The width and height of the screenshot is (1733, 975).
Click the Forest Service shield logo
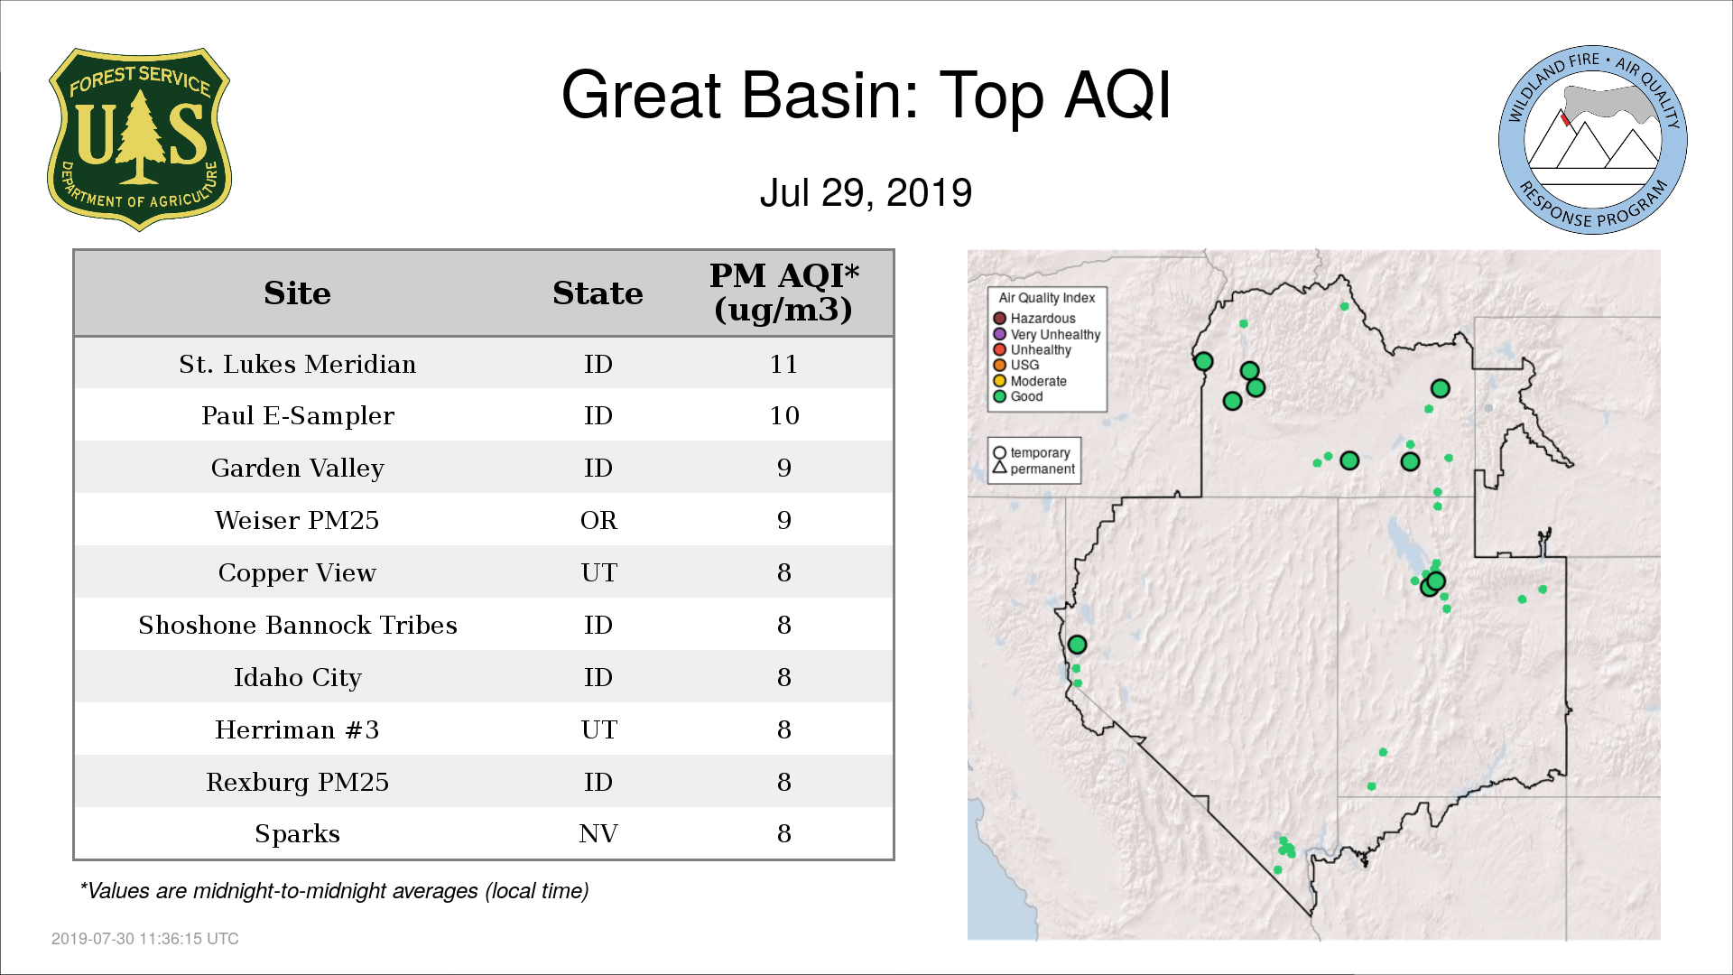click(x=139, y=140)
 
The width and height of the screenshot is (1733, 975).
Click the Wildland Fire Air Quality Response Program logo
click(x=1593, y=140)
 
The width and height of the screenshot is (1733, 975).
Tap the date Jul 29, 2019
click(x=866, y=192)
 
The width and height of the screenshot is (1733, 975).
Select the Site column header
click(x=297, y=293)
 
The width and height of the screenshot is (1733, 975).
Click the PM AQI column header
click(x=783, y=292)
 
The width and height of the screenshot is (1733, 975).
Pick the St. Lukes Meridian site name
click(x=297, y=364)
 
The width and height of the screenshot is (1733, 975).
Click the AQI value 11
click(x=783, y=364)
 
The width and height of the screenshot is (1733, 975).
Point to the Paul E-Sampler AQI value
click(x=783, y=415)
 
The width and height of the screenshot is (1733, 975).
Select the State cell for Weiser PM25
click(x=598, y=520)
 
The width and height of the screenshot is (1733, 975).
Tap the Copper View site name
click(x=297, y=573)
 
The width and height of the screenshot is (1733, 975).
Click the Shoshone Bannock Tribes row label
click(x=297, y=625)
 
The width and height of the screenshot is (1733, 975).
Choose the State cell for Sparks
click(x=598, y=833)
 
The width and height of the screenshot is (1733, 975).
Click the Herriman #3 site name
click(x=297, y=729)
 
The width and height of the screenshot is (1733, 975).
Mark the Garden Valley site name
click(x=297, y=469)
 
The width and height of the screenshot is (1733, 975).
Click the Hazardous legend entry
click(x=1034, y=319)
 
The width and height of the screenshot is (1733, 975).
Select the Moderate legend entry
click(x=1030, y=381)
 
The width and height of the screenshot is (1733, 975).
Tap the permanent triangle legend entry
click(x=1033, y=469)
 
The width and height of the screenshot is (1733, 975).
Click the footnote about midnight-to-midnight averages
click(x=334, y=891)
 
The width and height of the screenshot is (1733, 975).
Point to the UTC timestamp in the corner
click(x=145, y=939)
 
